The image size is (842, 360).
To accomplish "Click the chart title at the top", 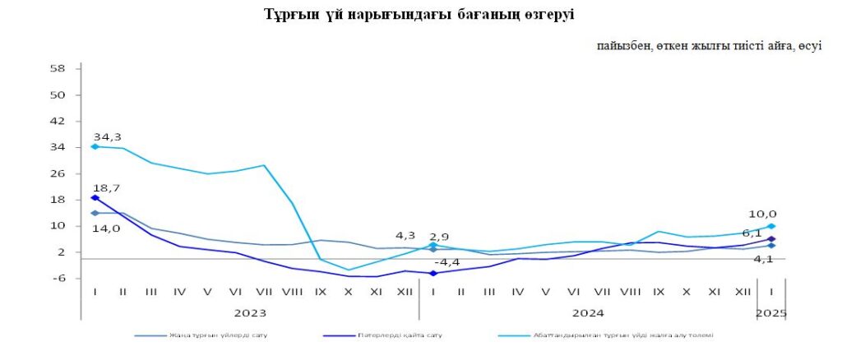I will [x=419, y=15].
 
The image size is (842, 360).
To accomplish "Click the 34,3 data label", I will [x=107, y=136].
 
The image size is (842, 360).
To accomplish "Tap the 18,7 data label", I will [x=107, y=188].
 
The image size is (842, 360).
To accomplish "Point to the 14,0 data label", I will [x=107, y=228].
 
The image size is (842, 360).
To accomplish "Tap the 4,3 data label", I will [x=406, y=233].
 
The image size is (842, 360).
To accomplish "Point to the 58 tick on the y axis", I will [x=58, y=68].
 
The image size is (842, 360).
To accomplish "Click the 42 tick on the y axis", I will [x=58, y=121].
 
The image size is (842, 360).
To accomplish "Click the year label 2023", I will [x=250, y=313].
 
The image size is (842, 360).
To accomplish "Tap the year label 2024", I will [x=588, y=313].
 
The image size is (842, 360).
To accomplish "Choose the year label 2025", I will [x=772, y=313].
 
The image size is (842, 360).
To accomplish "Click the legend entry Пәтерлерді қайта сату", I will [x=400, y=335].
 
